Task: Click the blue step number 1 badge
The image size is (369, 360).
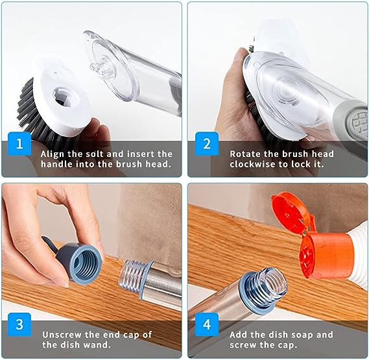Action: tap(19, 145)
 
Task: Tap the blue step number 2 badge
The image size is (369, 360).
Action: tap(206, 145)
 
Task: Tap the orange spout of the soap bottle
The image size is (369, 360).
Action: tap(318, 254)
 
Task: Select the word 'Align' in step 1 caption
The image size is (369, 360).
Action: tap(54, 154)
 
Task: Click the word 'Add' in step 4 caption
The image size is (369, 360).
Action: tap(239, 335)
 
